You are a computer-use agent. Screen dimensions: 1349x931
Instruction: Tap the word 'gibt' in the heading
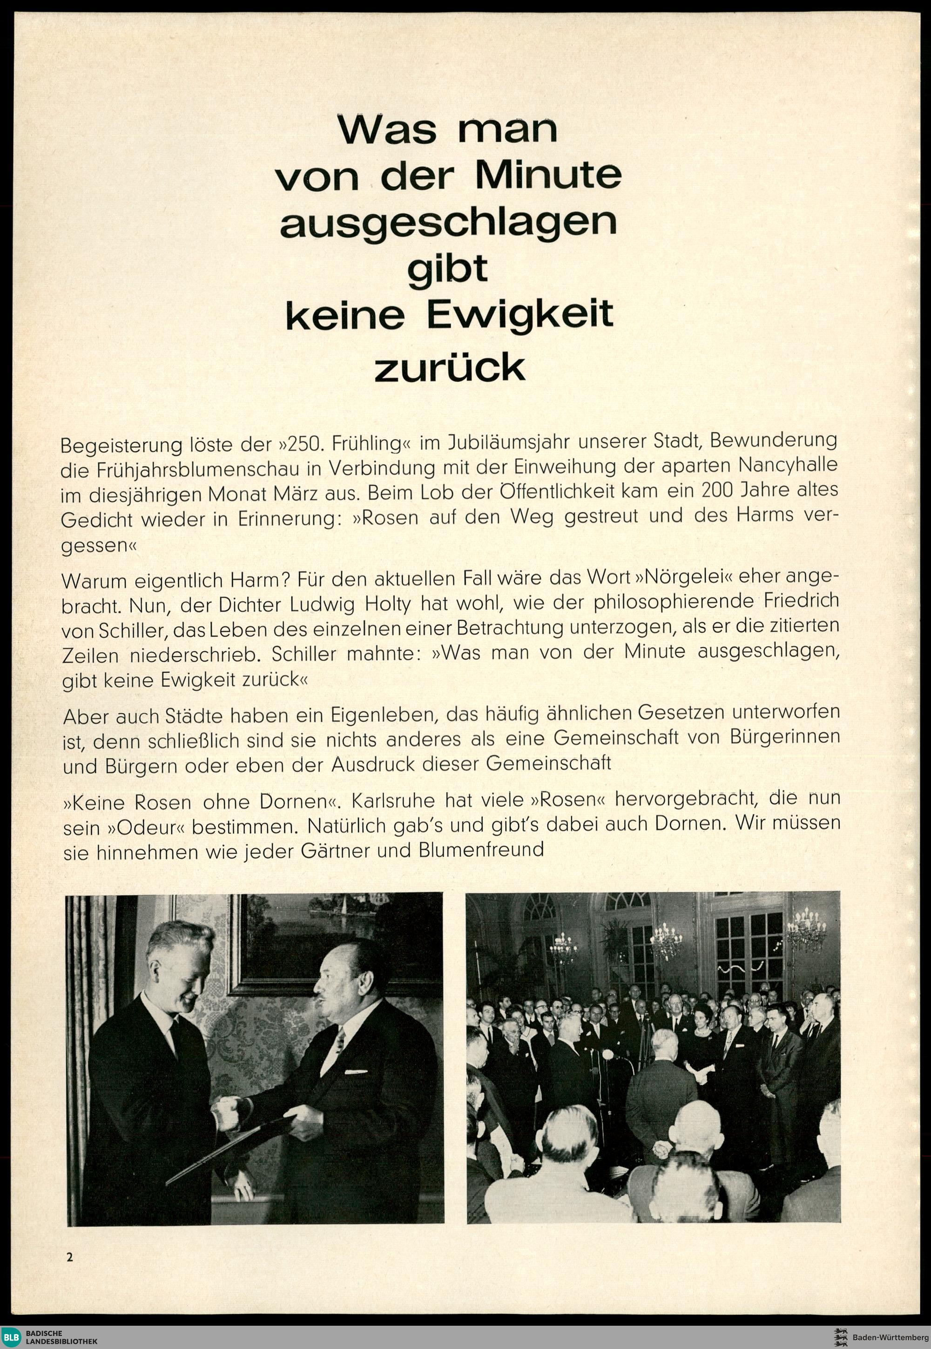[447, 270]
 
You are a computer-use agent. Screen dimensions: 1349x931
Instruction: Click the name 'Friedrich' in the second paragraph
[804, 601]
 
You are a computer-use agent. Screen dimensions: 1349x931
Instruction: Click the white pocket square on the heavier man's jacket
[357, 1072]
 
